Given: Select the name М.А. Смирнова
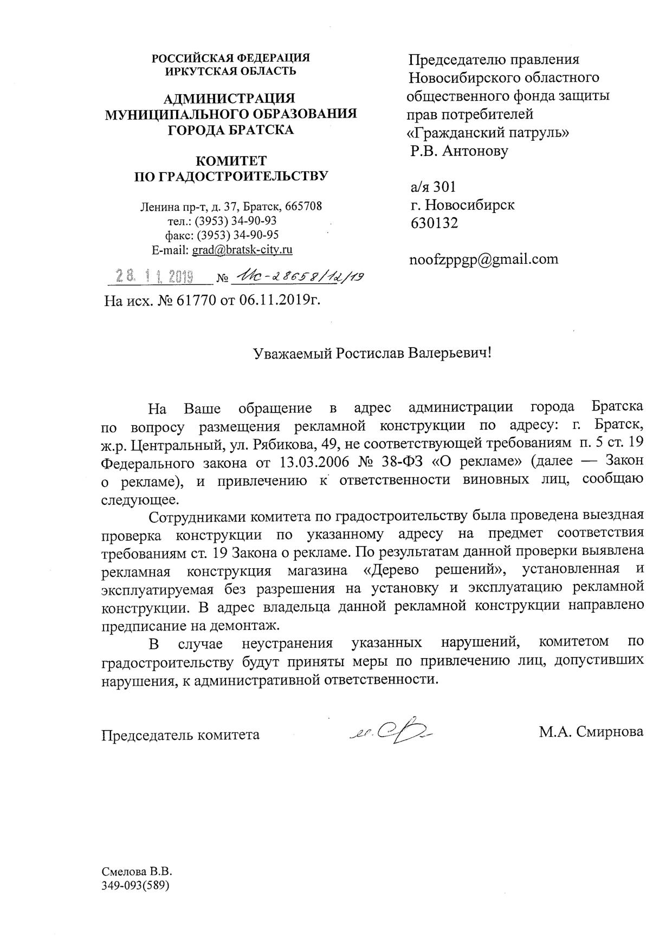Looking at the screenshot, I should (x=591, y=732).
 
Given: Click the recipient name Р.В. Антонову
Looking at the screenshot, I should (x=460, y=151).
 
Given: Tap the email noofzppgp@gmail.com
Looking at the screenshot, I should (x=483, y=259).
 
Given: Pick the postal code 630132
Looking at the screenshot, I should (x=434, y=223).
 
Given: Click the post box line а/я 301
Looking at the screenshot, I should (x=432, y=187).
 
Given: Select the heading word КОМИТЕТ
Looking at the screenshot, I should (x=231, y=161).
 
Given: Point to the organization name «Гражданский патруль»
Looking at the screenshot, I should (x=488, y=132).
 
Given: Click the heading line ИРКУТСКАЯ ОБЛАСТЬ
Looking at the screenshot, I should (x=231, y=70).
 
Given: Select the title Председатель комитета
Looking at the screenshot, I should (x=181, y=734).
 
